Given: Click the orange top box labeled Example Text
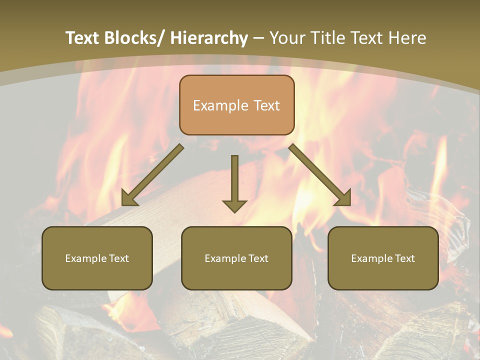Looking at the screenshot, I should point(236,105).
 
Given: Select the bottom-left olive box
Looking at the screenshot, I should point(97,258).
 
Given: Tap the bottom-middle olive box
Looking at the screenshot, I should point(236,258).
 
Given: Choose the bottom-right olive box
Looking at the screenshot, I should point(383,258).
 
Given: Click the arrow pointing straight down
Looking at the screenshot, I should point(234,183).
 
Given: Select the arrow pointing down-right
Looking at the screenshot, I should point(319,175).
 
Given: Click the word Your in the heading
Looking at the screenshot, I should point(286,38).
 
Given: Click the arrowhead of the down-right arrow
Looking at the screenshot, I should point(343,198).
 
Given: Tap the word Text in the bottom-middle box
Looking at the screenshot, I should point(257,258).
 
